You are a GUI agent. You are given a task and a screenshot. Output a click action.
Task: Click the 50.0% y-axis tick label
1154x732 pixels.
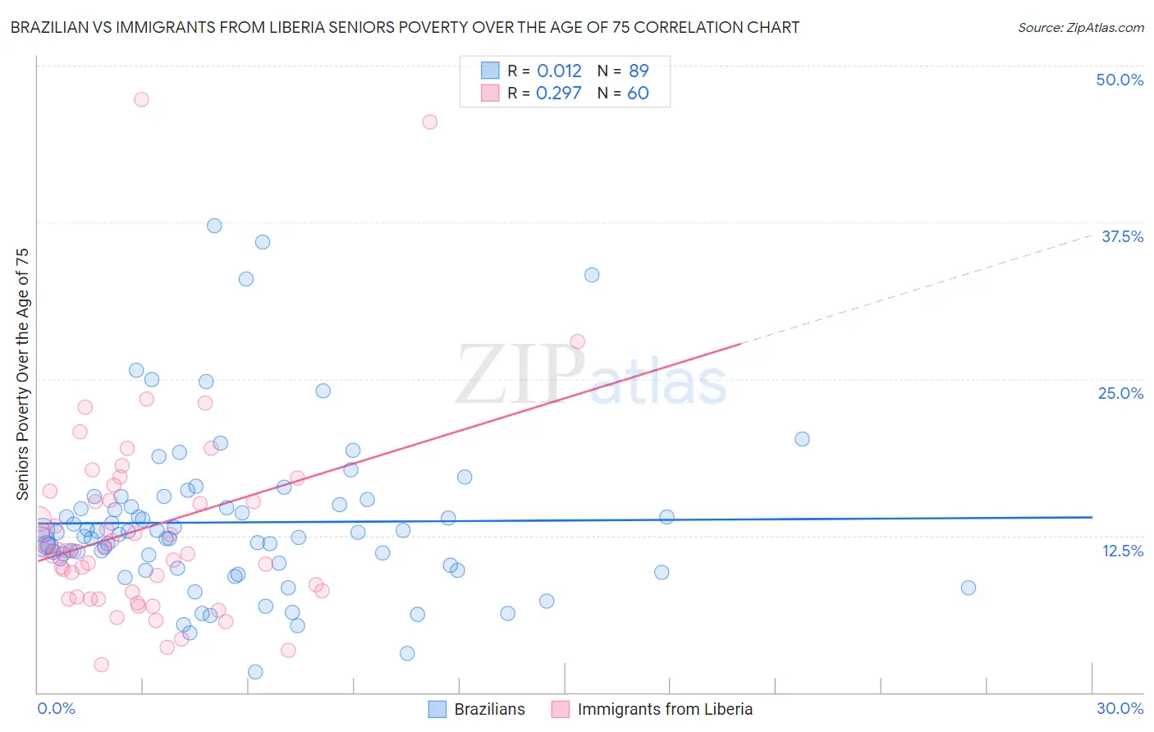click(1120, 80)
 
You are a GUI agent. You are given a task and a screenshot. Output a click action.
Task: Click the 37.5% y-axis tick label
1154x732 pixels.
click(1122, 236)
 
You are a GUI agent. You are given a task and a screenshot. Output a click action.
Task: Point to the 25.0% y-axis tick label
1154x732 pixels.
click(1120, 393)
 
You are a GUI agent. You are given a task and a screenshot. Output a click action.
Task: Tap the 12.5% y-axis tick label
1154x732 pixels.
click(1122, 551)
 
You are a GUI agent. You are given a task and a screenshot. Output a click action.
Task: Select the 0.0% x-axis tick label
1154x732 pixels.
click(56, 708)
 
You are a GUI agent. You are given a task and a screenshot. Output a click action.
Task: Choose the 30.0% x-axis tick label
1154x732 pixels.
click(1120, 708)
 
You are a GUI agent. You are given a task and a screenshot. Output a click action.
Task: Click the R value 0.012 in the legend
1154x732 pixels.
click(559, 71)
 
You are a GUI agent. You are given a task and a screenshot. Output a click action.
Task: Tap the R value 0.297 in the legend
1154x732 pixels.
click(558, 93)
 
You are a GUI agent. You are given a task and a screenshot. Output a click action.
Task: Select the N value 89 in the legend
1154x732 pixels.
click(639, 71)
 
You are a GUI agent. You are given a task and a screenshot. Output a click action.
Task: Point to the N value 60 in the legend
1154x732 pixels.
click(638, 93)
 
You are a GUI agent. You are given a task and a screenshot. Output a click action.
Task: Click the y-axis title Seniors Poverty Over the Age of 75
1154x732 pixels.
click(22, 374)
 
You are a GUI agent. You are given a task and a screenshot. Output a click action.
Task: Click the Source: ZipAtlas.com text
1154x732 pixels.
click(1080, 27)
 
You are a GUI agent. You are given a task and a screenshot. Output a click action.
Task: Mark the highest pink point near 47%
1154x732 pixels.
click(141, 99)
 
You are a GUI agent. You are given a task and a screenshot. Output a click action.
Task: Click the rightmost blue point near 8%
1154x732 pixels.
click(969, 588)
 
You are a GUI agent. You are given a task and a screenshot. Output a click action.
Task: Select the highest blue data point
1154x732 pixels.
click(214, 226)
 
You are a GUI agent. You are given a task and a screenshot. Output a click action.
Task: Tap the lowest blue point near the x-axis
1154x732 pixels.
click(255, 672)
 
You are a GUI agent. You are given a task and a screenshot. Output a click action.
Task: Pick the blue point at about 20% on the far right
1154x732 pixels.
click(802, 439)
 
